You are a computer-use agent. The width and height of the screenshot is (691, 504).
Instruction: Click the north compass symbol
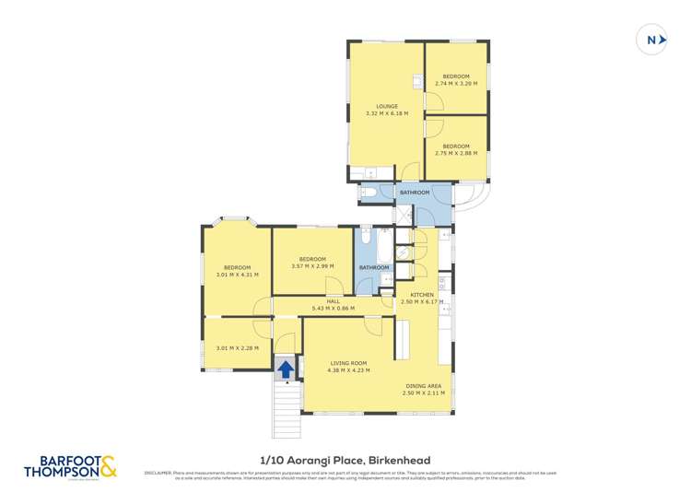(652, 40)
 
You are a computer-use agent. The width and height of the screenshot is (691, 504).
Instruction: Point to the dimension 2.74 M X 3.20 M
(456, 83)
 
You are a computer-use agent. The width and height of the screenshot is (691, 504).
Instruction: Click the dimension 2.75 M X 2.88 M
(456, 153)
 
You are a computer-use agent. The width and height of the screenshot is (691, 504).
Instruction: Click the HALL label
(333, 300)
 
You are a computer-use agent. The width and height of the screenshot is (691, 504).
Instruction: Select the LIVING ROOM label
(349, 363)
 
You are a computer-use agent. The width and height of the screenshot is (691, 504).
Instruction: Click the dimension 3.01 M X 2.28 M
(237, 348)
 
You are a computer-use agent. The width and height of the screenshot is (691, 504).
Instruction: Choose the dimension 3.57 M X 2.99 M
(312, 266)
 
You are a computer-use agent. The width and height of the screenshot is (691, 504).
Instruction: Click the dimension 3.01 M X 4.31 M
(237, 275)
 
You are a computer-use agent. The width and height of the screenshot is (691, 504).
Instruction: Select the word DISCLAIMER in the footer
(158, 473)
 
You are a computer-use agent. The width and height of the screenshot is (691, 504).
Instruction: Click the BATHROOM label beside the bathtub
(374, 267)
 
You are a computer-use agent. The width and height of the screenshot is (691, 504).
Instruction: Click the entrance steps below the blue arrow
(287, 411)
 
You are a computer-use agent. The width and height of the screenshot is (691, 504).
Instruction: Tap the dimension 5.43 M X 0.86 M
(333, 308)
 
